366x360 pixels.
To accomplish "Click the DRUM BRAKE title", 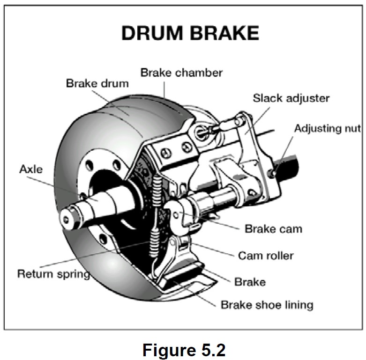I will pyautogui.click(x=190, y=34).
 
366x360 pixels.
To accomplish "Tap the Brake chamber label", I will pyautogui.click(x=181, y=73).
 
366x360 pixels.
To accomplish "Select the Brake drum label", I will pyautogui.click(x=97, y=83).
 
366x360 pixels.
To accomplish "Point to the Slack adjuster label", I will pyautogui.click(x=291, y=98).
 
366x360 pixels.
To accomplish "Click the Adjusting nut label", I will pyautogui.click(x=327, y=128).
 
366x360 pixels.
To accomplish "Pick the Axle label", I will pyautogui.click(x=30, y=169).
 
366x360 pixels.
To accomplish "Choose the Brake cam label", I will pyautogui.click(x=273, y=229).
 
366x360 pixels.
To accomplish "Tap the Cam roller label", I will pyautogui.click(x=266, y=256).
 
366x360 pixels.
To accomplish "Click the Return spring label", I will pyautogui.click(x=53, y=273).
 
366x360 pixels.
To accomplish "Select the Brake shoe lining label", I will pyautogui.click(x=267, y=305).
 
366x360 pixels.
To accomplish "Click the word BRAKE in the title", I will pyautogui.click(x=224, y=34).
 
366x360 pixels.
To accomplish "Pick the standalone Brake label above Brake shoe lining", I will pyautogui.click(x=250, y=282).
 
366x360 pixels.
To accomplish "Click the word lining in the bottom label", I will pyautogui.click(x=298, y=305).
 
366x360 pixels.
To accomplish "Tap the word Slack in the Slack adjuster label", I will pyautogui.click(x=266, y=98).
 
